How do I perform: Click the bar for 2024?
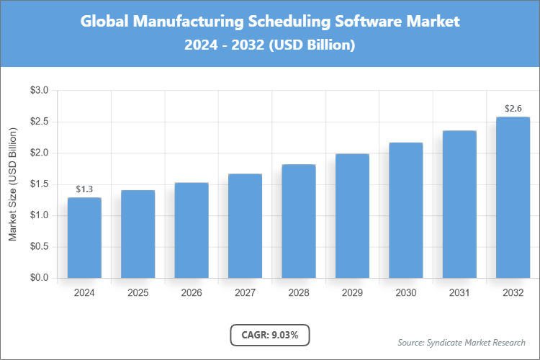84,238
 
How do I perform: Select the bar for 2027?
245,225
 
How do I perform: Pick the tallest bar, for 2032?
513,197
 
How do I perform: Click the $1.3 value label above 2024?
84,189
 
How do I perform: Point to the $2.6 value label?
513,109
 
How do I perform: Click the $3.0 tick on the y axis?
39,91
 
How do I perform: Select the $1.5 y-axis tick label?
39,184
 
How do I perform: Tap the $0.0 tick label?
39,278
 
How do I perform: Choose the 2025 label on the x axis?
138,293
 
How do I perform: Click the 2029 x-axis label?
352,293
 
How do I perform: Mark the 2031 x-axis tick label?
459,293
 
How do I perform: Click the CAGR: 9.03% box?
270,335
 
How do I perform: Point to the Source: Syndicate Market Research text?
462,342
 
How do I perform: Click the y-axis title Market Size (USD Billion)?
12,184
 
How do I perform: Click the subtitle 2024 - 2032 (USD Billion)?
270,45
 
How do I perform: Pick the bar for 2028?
299,221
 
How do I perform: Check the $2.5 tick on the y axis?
39,122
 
